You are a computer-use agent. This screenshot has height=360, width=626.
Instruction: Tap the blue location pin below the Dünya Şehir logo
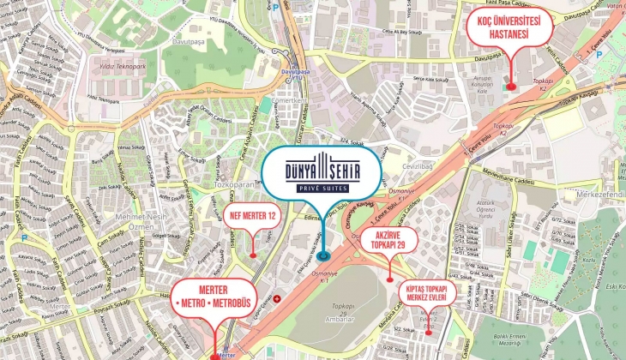322,255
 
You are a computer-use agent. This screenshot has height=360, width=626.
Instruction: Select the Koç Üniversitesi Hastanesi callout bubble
509,29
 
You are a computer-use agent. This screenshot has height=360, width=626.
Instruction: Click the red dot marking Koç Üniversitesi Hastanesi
511,86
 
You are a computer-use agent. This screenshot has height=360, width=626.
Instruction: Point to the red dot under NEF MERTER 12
253,254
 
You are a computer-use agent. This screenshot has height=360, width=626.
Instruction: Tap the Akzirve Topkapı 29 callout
389,239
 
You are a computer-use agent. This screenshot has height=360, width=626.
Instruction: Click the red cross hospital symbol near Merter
276,299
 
